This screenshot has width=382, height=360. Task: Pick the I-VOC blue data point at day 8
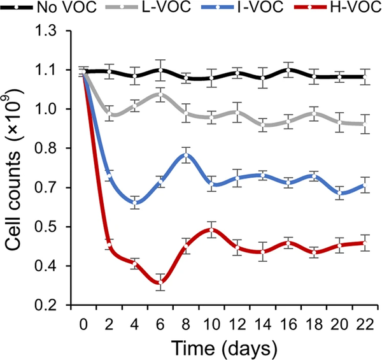click(x=186, y=155)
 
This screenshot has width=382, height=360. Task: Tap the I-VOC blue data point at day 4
click(x=135, y=203)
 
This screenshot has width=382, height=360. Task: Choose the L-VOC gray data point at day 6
click(x=160, y=94)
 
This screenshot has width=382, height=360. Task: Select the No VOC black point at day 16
click(x=288, y=70)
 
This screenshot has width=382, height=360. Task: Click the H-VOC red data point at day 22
click(x=365, y=243)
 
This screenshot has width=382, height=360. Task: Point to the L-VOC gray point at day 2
click(x=110, y=114)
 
